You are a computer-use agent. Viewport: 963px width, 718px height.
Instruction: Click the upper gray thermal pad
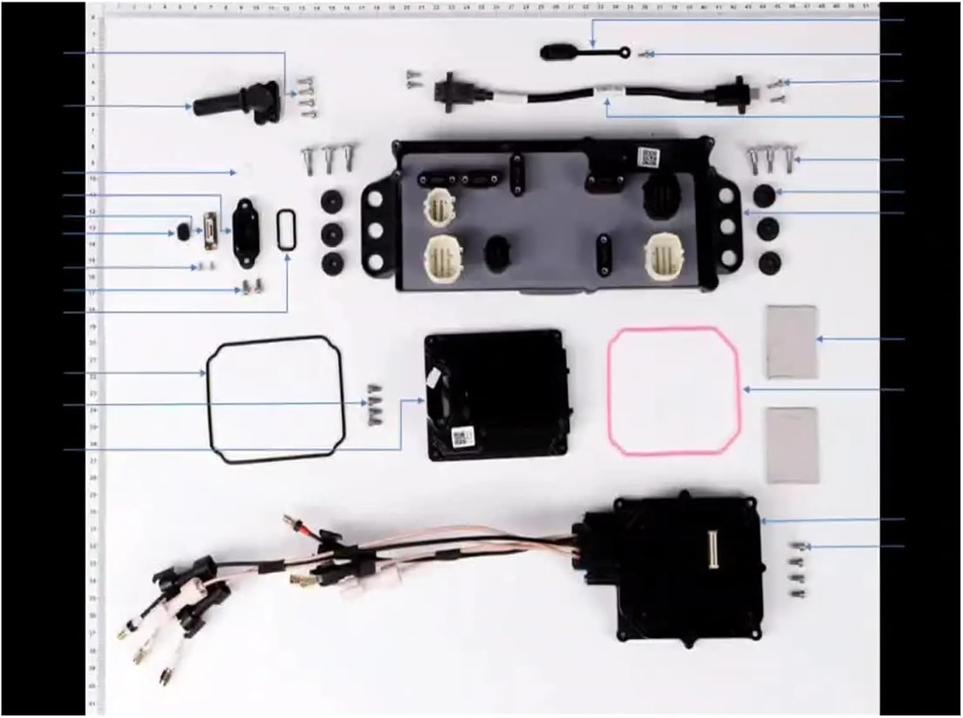tap(792, 342)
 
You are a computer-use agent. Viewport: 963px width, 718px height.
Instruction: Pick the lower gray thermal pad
tap(792, 444)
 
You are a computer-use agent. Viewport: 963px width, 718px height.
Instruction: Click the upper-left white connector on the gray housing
tap(437, 209)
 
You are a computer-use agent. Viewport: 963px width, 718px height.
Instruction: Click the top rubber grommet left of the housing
tap(333, 203)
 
